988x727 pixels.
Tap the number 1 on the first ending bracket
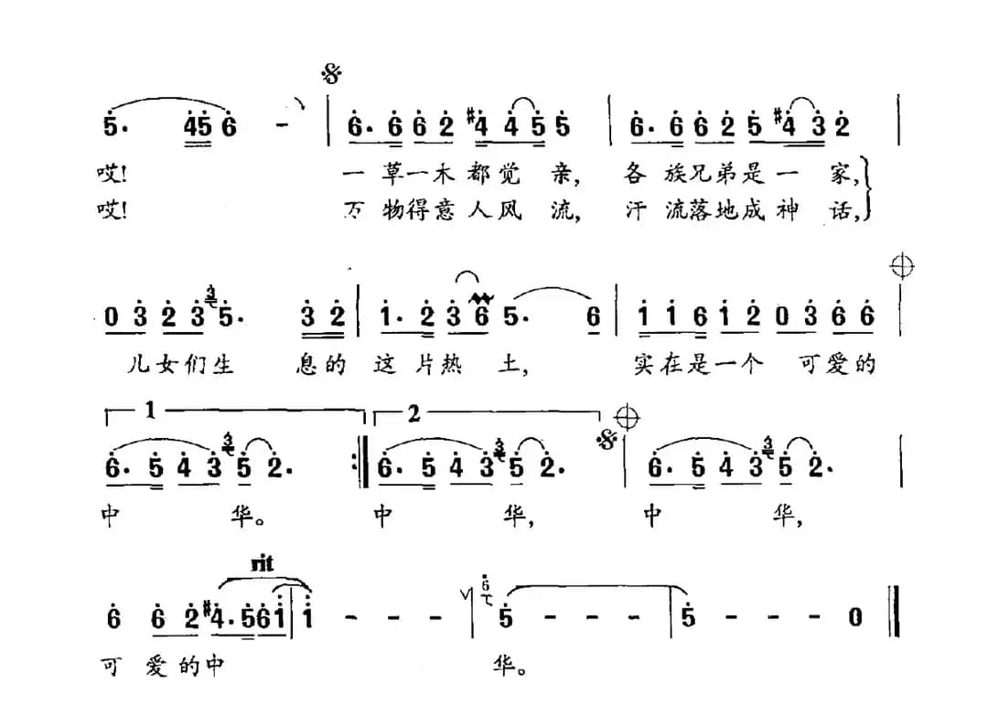tap(150, 413)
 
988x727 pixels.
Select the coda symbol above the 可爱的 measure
tap(902, 266)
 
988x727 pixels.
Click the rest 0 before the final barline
tap(854, 618)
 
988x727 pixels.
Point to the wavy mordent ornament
tap(478, 295)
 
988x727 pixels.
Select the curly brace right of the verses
tap(869, 192)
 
